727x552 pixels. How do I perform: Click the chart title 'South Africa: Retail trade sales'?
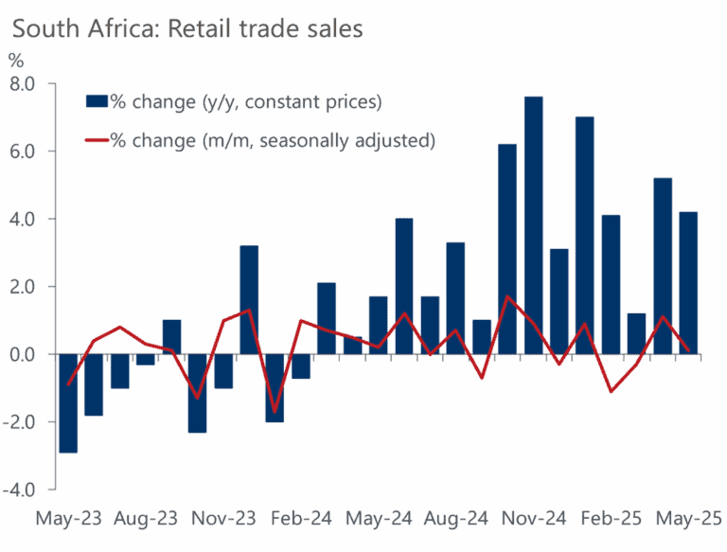pos(186,28)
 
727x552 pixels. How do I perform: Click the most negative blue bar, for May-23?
pos(67,403)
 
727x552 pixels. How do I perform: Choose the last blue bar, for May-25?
pos(689,283)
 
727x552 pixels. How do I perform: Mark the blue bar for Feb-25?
pos(612,285)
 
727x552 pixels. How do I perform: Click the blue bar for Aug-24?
pos(455,298)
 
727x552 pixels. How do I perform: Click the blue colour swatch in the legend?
pos(97,101)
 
